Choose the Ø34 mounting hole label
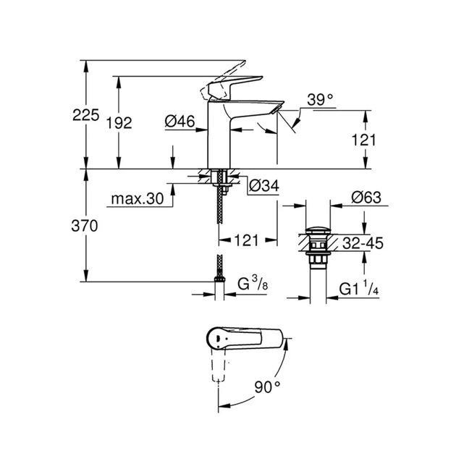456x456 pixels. tap(263, 186)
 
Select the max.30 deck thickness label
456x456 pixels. tap(138, 198)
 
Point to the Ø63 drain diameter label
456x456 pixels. tap(366, 197)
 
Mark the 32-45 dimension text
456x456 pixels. tap(362, 244)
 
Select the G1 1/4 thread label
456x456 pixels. tap(360, 291)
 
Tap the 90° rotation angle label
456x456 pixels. tap(268, 387)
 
